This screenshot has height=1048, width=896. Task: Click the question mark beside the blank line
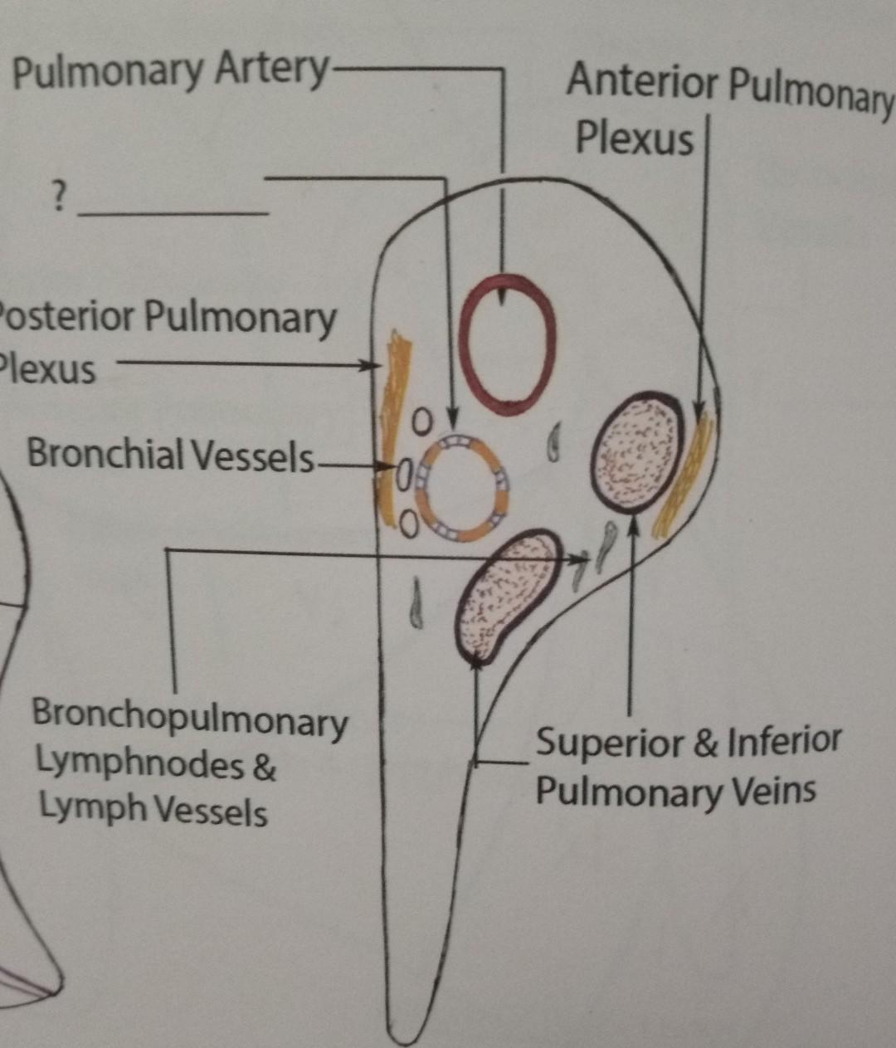tap(57, 197)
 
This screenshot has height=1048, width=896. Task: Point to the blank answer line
tap(173, 214)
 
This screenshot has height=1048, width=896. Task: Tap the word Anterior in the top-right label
tap(642, 83)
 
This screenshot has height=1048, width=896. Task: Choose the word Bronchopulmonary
tap(189, 719)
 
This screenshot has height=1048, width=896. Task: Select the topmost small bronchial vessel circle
tap(422, 422)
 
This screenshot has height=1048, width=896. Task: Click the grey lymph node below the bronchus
tap(416, 603)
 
